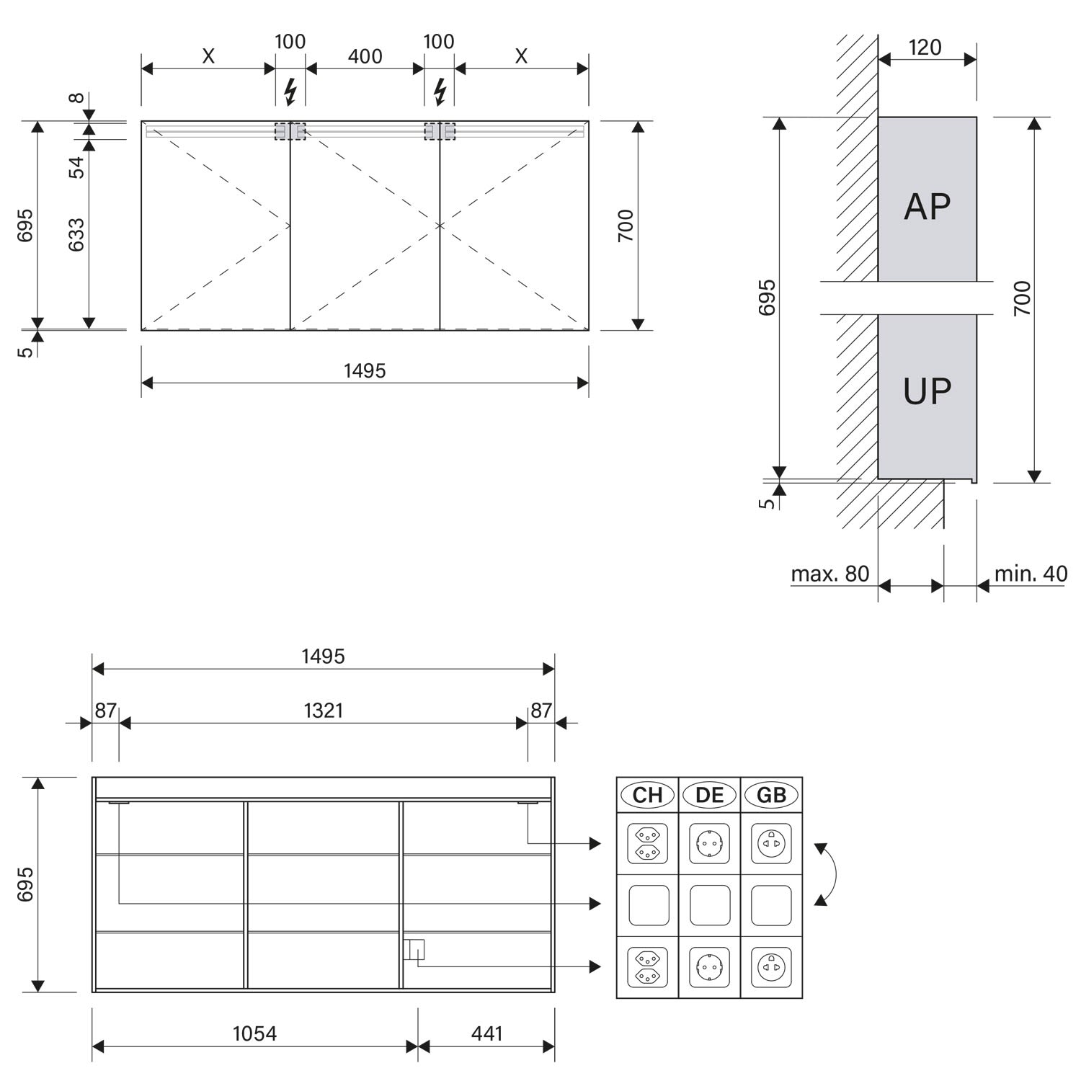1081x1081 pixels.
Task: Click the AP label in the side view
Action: tap(927, 207)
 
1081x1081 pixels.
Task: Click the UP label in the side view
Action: tap(927, 391)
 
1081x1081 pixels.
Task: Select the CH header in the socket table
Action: tap(647, 795)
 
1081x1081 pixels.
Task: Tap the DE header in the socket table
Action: tap(709, 795)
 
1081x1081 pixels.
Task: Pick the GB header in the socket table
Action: tap(771, 795)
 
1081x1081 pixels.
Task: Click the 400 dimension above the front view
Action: tap(365, 56)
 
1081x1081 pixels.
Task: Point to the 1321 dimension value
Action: tap(323, 711)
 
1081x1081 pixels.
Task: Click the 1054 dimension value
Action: tap(254, 1033)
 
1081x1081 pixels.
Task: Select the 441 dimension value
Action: tap(486, 1033)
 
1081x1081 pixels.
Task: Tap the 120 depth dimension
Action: tap(925, 48)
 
